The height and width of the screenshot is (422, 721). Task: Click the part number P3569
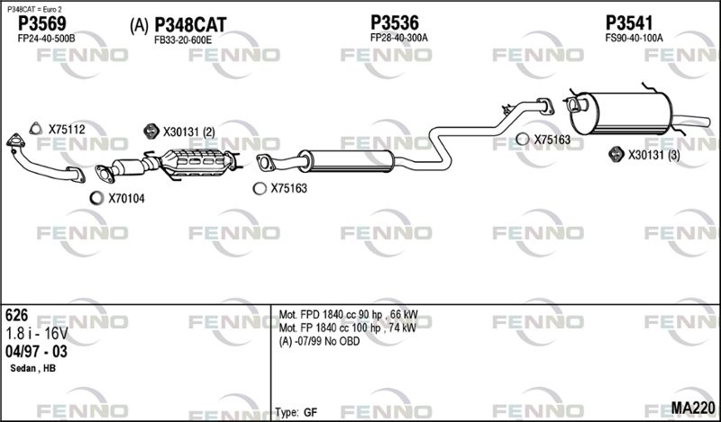coord(41,23)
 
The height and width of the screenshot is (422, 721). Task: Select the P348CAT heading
coord(190,25)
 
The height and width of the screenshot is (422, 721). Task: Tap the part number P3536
coord(395,22)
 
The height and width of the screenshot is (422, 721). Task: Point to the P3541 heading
coord(629,22)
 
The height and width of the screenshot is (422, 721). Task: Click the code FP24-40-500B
coord(46,39)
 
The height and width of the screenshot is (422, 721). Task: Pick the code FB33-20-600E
coord(183,40)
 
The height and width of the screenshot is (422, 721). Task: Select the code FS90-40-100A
coord(634,38)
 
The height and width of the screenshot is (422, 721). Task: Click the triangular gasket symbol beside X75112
coord(35,129)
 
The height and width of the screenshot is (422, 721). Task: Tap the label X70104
coord(126,198)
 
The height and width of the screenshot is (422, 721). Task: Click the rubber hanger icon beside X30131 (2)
coord(151,131)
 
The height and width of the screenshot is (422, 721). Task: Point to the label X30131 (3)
coord(654,155)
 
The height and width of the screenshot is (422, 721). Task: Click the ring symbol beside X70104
coord(96,198)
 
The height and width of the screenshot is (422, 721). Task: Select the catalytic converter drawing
coord(197,164)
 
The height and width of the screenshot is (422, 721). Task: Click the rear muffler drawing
coord(621,113)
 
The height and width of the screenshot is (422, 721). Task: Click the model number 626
coord(16,316)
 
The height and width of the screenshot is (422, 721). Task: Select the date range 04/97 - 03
coord(36,352)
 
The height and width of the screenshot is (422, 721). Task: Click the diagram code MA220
coord(693,408)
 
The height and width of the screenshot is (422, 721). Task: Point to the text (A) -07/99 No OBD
coord(320,341)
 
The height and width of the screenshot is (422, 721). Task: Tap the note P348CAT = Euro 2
coord(34,9)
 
